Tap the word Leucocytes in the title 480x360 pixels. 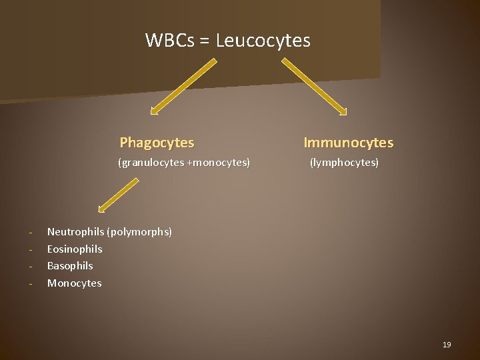tap(263, 41)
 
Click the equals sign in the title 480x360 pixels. tap(204, 41)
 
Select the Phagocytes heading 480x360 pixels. tap(157, 143)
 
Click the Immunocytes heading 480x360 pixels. tap(349, 143)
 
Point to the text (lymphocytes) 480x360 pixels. tap(343, 162)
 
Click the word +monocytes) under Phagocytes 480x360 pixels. tap(219, 162)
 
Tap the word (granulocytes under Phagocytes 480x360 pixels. tap(152, 162)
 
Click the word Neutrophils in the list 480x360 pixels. tap(75, 232)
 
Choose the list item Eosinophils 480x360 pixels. tap(75, 249)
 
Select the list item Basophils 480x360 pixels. tap(70, 266)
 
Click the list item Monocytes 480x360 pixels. tap(75, 283)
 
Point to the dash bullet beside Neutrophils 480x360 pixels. tap(31, 233)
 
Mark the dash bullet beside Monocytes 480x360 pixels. tap(31, 284)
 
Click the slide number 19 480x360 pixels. tap(447, 345)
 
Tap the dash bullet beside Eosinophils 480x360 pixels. tap(31, 249)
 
